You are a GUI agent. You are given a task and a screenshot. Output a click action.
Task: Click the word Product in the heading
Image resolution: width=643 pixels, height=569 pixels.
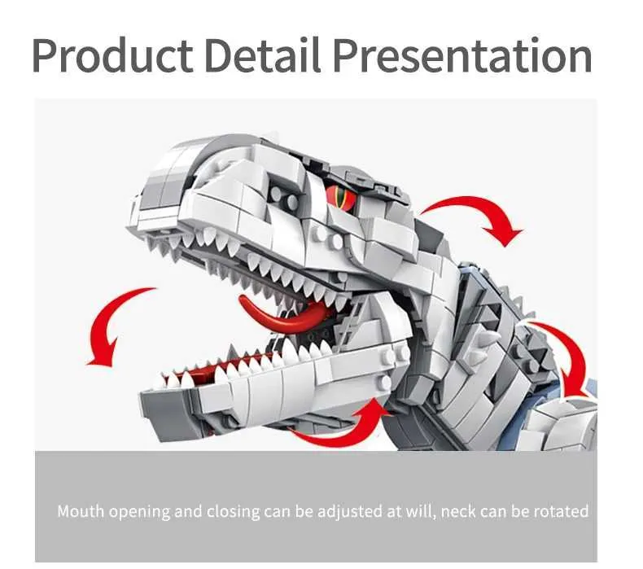pos(112,56)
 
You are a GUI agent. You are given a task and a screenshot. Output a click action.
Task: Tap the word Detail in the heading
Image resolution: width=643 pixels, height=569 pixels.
pos(262,55)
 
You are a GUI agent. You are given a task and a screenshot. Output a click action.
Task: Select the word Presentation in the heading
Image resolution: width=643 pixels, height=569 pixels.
pos(462,55)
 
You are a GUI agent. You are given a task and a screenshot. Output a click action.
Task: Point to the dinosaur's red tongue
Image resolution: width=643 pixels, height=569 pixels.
pos(283,316)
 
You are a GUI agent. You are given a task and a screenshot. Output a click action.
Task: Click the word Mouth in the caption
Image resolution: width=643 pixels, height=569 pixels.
pos(81,511)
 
